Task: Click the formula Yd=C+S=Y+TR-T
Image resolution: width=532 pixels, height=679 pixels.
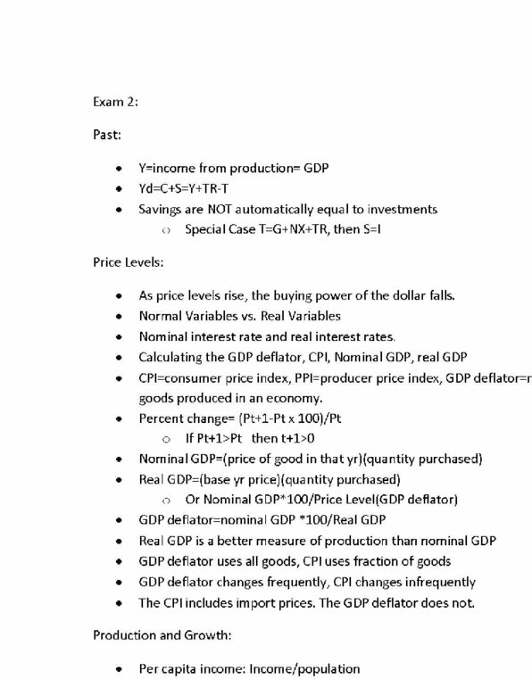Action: click(x=188, y=189)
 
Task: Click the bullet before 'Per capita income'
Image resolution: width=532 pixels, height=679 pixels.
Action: click(x=120, y=668)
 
